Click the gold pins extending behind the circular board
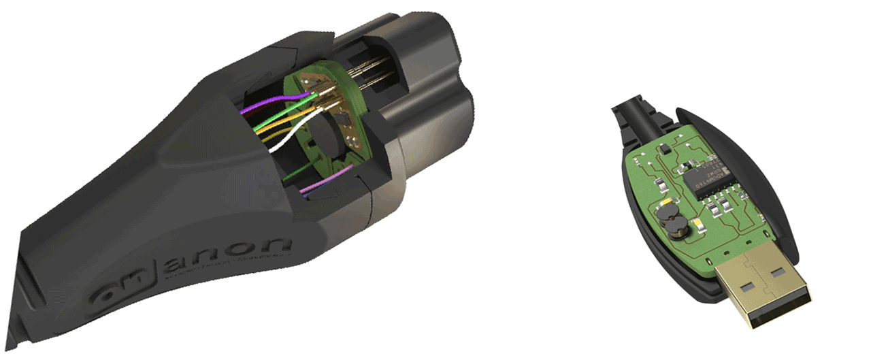tap(371, 68)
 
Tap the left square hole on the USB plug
tap(747, 287)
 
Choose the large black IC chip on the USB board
tap(708, 178)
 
